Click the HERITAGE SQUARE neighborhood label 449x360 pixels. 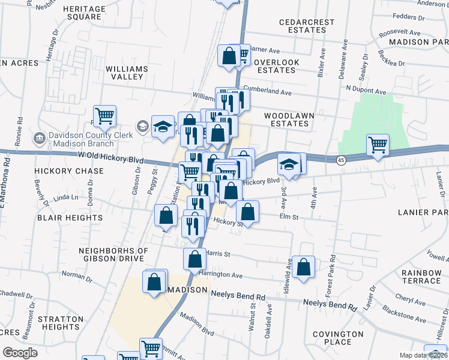pyautogui.click(x=83, y=13)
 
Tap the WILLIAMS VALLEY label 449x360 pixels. pyautogui.click(x=127, y=73)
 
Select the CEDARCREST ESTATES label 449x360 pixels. pyautogui.click(x=307, y=26)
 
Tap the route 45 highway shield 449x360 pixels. pyautogui.click(x=341, y=160)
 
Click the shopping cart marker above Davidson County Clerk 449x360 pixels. pyautogui.click(x=104, y=115)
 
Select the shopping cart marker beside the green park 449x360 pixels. pyautogui.click(x=378, y=144)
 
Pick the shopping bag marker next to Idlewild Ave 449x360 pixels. pyautogui.click(x=304, y=267)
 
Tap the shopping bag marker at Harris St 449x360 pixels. pyautogui.click(x=194, y=259)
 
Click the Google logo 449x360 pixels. pyautogui.click(x=20, y=353)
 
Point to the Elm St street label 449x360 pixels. pyautogui.click(x=289, y=216)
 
